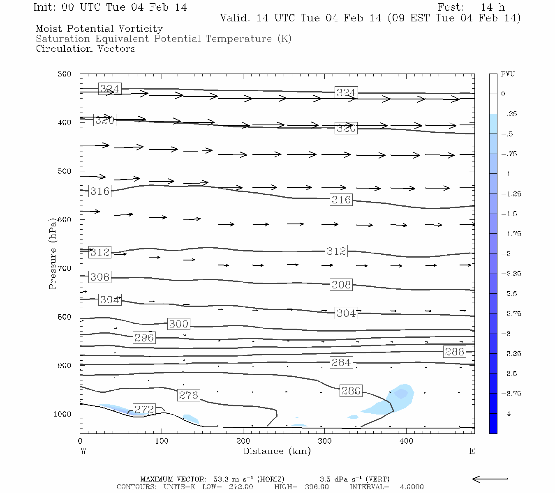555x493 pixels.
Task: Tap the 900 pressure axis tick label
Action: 64,365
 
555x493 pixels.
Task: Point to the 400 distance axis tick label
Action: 406,441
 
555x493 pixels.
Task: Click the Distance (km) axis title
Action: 277,451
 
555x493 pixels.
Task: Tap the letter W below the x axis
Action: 83,451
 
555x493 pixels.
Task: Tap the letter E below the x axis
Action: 472,451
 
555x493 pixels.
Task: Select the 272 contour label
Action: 144,409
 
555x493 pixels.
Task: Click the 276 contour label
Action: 189,395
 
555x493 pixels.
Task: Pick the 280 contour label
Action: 351,391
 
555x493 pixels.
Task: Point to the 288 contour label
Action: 454,352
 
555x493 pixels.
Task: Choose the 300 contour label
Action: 178,324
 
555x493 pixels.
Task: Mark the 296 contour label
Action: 144,338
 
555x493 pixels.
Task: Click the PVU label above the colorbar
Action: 508,74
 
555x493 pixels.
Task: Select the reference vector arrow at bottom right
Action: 490,479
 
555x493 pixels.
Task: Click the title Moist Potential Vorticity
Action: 99,29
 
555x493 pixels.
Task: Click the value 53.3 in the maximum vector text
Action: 221,479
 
